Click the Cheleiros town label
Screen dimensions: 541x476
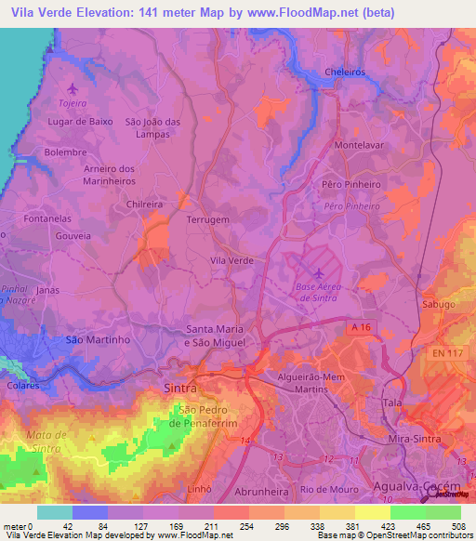coord(345,72)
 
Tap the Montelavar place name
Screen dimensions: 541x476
coord(359,146)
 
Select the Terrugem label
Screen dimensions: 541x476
coord(208,220)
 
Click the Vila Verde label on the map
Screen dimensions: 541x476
coord(231,261)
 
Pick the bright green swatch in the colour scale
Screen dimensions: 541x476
coord(408,512)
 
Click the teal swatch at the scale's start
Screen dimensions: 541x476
coord(55,512)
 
